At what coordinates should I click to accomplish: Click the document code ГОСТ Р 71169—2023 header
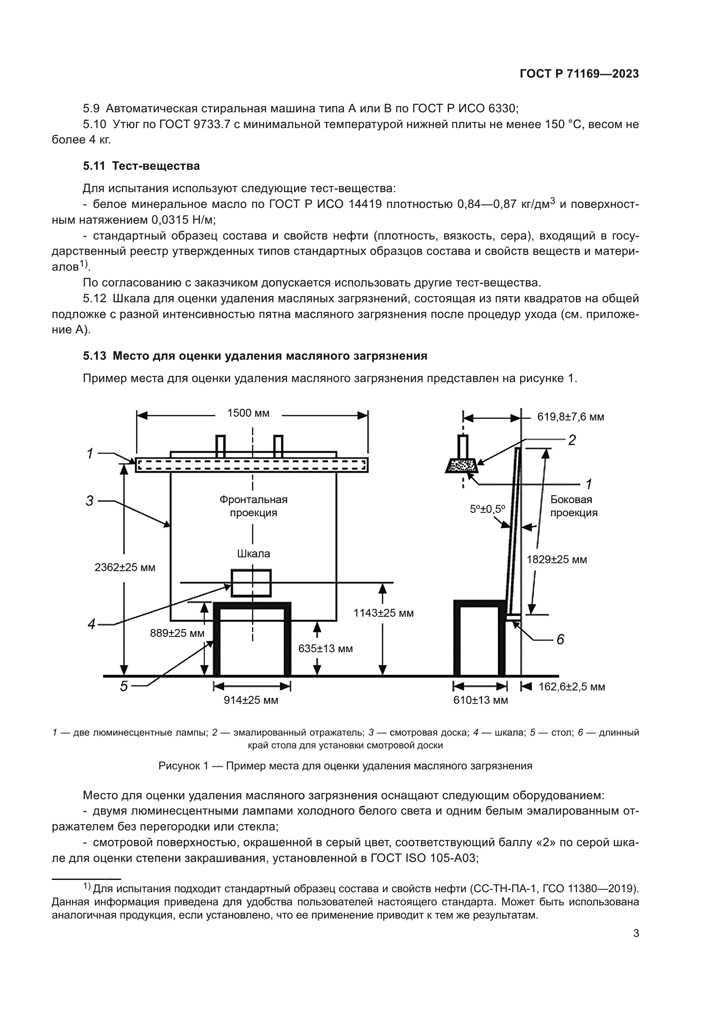coord(579,74)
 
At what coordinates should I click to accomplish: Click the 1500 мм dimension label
coord(248,413)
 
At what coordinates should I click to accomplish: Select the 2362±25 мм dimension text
coord(125,568)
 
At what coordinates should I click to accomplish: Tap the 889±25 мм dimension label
coord(177,633)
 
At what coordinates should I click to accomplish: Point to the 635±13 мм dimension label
coord(325,648)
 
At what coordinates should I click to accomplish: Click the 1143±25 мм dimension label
coord(384,613)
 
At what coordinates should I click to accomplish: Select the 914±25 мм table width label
coord(251,700)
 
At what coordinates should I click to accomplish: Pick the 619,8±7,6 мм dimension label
coord(571,417)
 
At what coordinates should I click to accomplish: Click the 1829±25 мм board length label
coord(557,559)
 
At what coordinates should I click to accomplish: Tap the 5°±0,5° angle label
coord(487,509)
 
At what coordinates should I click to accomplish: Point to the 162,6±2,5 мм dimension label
coord(571,687)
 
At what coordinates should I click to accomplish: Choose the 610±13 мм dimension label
coord(481,700)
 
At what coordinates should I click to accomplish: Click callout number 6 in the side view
coord(560,640)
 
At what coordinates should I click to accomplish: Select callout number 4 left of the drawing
coord(92,624)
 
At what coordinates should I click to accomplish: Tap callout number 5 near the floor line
coord(124,686)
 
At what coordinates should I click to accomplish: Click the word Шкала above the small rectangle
coord(253,554)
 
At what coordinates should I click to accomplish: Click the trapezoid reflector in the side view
coord(462,466)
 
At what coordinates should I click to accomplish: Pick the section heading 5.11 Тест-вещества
coord(141,166)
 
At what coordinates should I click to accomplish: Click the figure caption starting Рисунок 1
coord(345,766)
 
